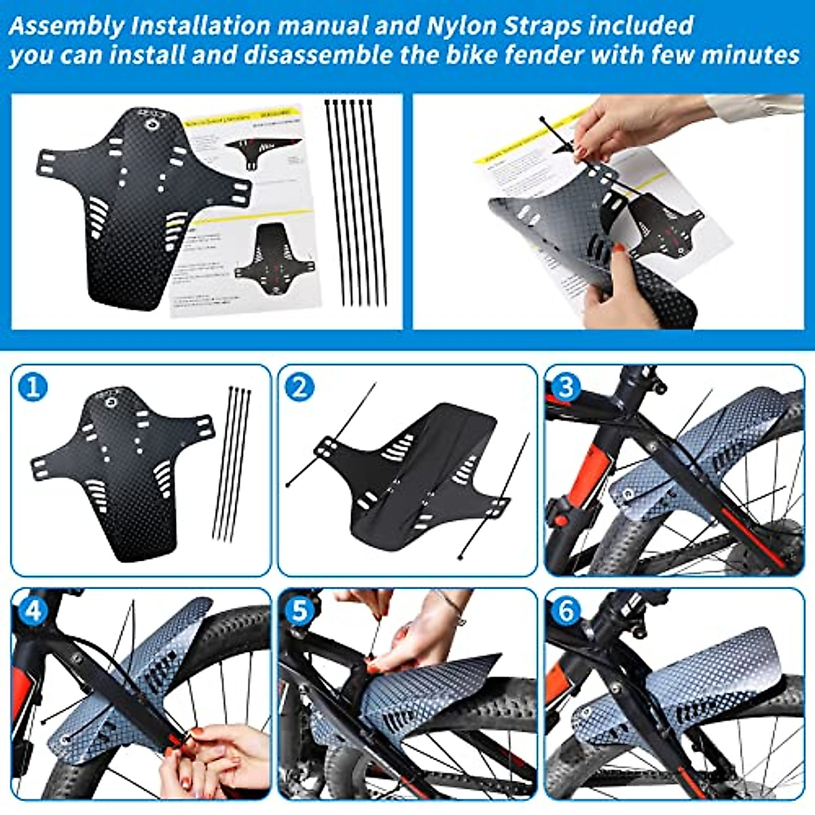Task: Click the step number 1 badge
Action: point(33,388)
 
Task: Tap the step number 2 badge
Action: point(300,388)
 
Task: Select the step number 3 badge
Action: point(566,388)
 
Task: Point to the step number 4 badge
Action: point(33,611)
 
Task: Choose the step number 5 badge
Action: point(300,611)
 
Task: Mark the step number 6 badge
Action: point(566,611)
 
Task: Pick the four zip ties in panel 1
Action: point(232,462)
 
